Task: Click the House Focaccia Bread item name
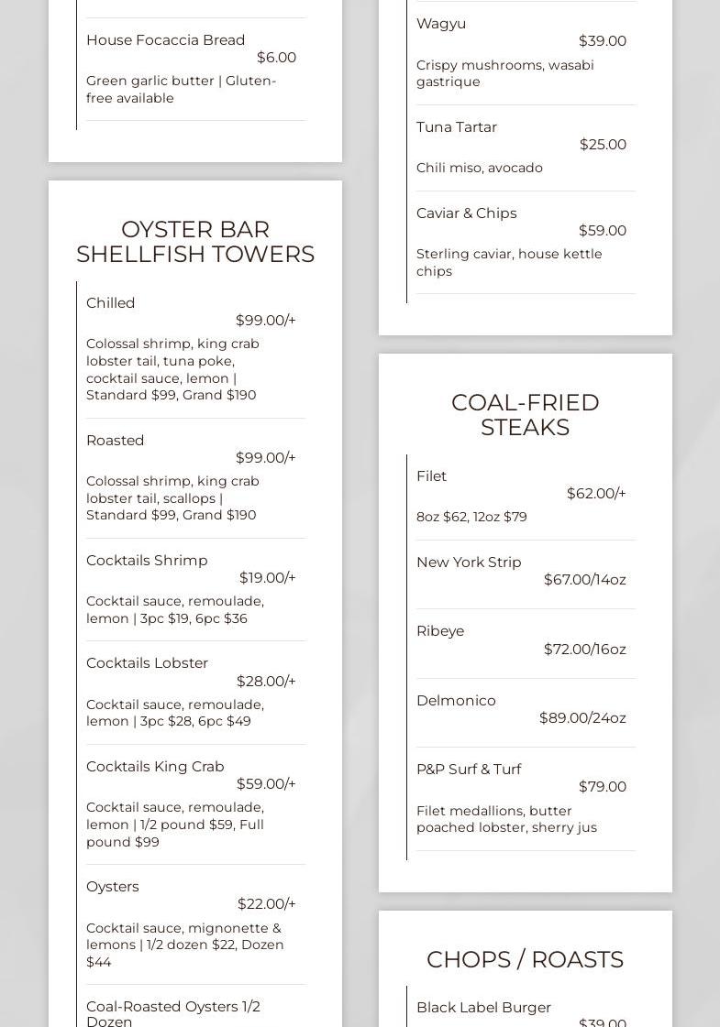click(165, 40)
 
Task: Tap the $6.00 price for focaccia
click(276, 58)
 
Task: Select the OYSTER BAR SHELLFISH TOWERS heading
click(195, 242)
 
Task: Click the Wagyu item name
click(441, 24)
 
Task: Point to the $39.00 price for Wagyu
click(602, 41)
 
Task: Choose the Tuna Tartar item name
click(457, 127)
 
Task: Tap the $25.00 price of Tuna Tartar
click(603, 145)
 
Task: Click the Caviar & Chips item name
click(466, 213)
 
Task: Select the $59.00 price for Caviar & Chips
click(602, 231)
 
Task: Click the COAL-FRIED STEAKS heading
click(526, 415)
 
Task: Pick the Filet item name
click(431, 476)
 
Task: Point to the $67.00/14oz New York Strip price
click(584, 580)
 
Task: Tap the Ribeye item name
click(440, 631)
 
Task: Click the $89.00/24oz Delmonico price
click(582, 718)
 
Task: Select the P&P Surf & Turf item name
click(469, 770)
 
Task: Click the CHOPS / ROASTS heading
click(525, 959)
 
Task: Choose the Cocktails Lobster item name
click(147, 663)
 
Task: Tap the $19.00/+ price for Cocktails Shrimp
click(267, 578)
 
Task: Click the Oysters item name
click(113, 887)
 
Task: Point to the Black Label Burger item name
click(483, 1008)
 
